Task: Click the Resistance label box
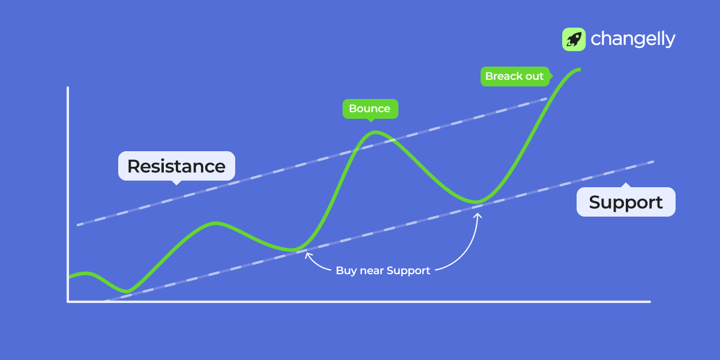tap(176, 166)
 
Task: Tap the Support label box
tap(626, 202)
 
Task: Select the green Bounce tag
tap(370, 109)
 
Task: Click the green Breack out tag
tap(514, 76)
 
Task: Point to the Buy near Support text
tap(383, 271)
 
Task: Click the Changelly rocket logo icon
tap(574, 39)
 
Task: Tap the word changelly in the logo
tap(633, 39)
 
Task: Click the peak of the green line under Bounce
tap(373, 132)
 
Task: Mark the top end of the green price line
tap(580, 70)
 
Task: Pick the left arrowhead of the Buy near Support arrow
tap(307, 254)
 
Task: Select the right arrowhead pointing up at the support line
tap(478, 212)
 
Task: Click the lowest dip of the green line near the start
tap(127, 292)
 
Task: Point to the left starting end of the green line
tap(70, 277)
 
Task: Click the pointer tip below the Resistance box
tap(176, 184)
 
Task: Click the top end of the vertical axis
tap(68, 88)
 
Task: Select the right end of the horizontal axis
tap(649, 302)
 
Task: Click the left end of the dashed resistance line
tap(78, 224)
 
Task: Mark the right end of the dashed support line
tap(652, 161)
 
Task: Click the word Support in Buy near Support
tap(408, 271)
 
